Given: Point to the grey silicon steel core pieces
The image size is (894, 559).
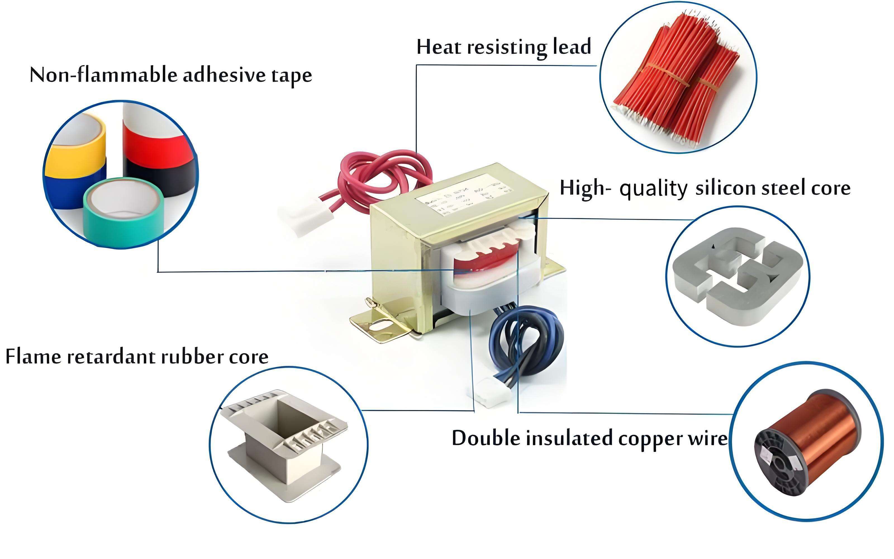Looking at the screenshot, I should pos(737,275).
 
